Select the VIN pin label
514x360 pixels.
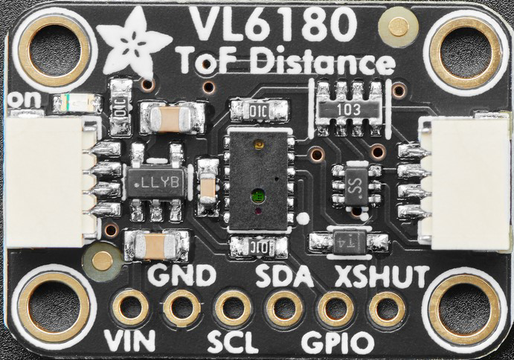pyautogui.click(x=130, y=341)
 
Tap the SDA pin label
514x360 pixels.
pyautogui.click(x=284, y=276)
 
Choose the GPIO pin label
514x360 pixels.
pyautogui.click(x=337, y=342)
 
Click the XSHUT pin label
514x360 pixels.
pyautogui.click(x=382, y=276)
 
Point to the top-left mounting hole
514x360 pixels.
pyautogui.click(x=54, y=49)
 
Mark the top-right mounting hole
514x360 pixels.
pyautogui.click(x=466, y=51)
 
